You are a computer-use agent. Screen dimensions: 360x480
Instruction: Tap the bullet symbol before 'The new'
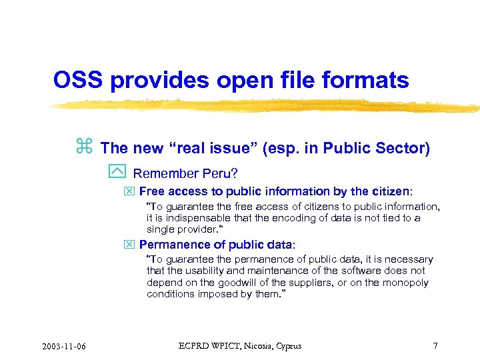coord(84,147)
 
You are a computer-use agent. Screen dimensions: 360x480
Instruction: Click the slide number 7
coord(435,345)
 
